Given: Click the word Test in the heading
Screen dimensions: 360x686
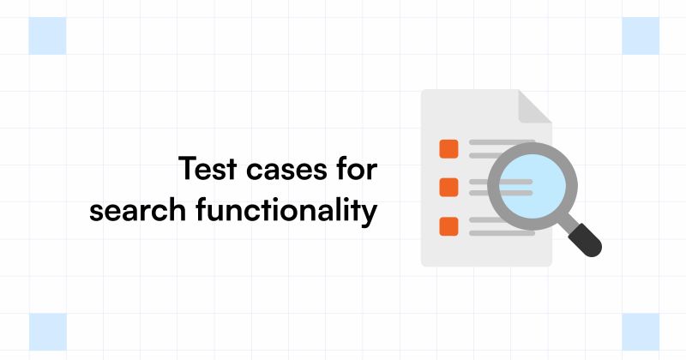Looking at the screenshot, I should tap(204, 170).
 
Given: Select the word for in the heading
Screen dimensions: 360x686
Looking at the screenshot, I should tap(354, 170).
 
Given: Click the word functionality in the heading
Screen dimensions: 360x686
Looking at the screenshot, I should tap(287, 210).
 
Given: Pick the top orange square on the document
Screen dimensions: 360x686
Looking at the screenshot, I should tap(448, 148).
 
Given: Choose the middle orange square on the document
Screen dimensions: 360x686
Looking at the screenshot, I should tap(448, 187).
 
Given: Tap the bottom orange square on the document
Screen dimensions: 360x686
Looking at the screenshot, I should tap(448, 226).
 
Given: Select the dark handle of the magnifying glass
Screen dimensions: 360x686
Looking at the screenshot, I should tap(586, 239).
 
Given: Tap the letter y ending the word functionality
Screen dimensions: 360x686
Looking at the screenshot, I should tap(370, 213).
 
